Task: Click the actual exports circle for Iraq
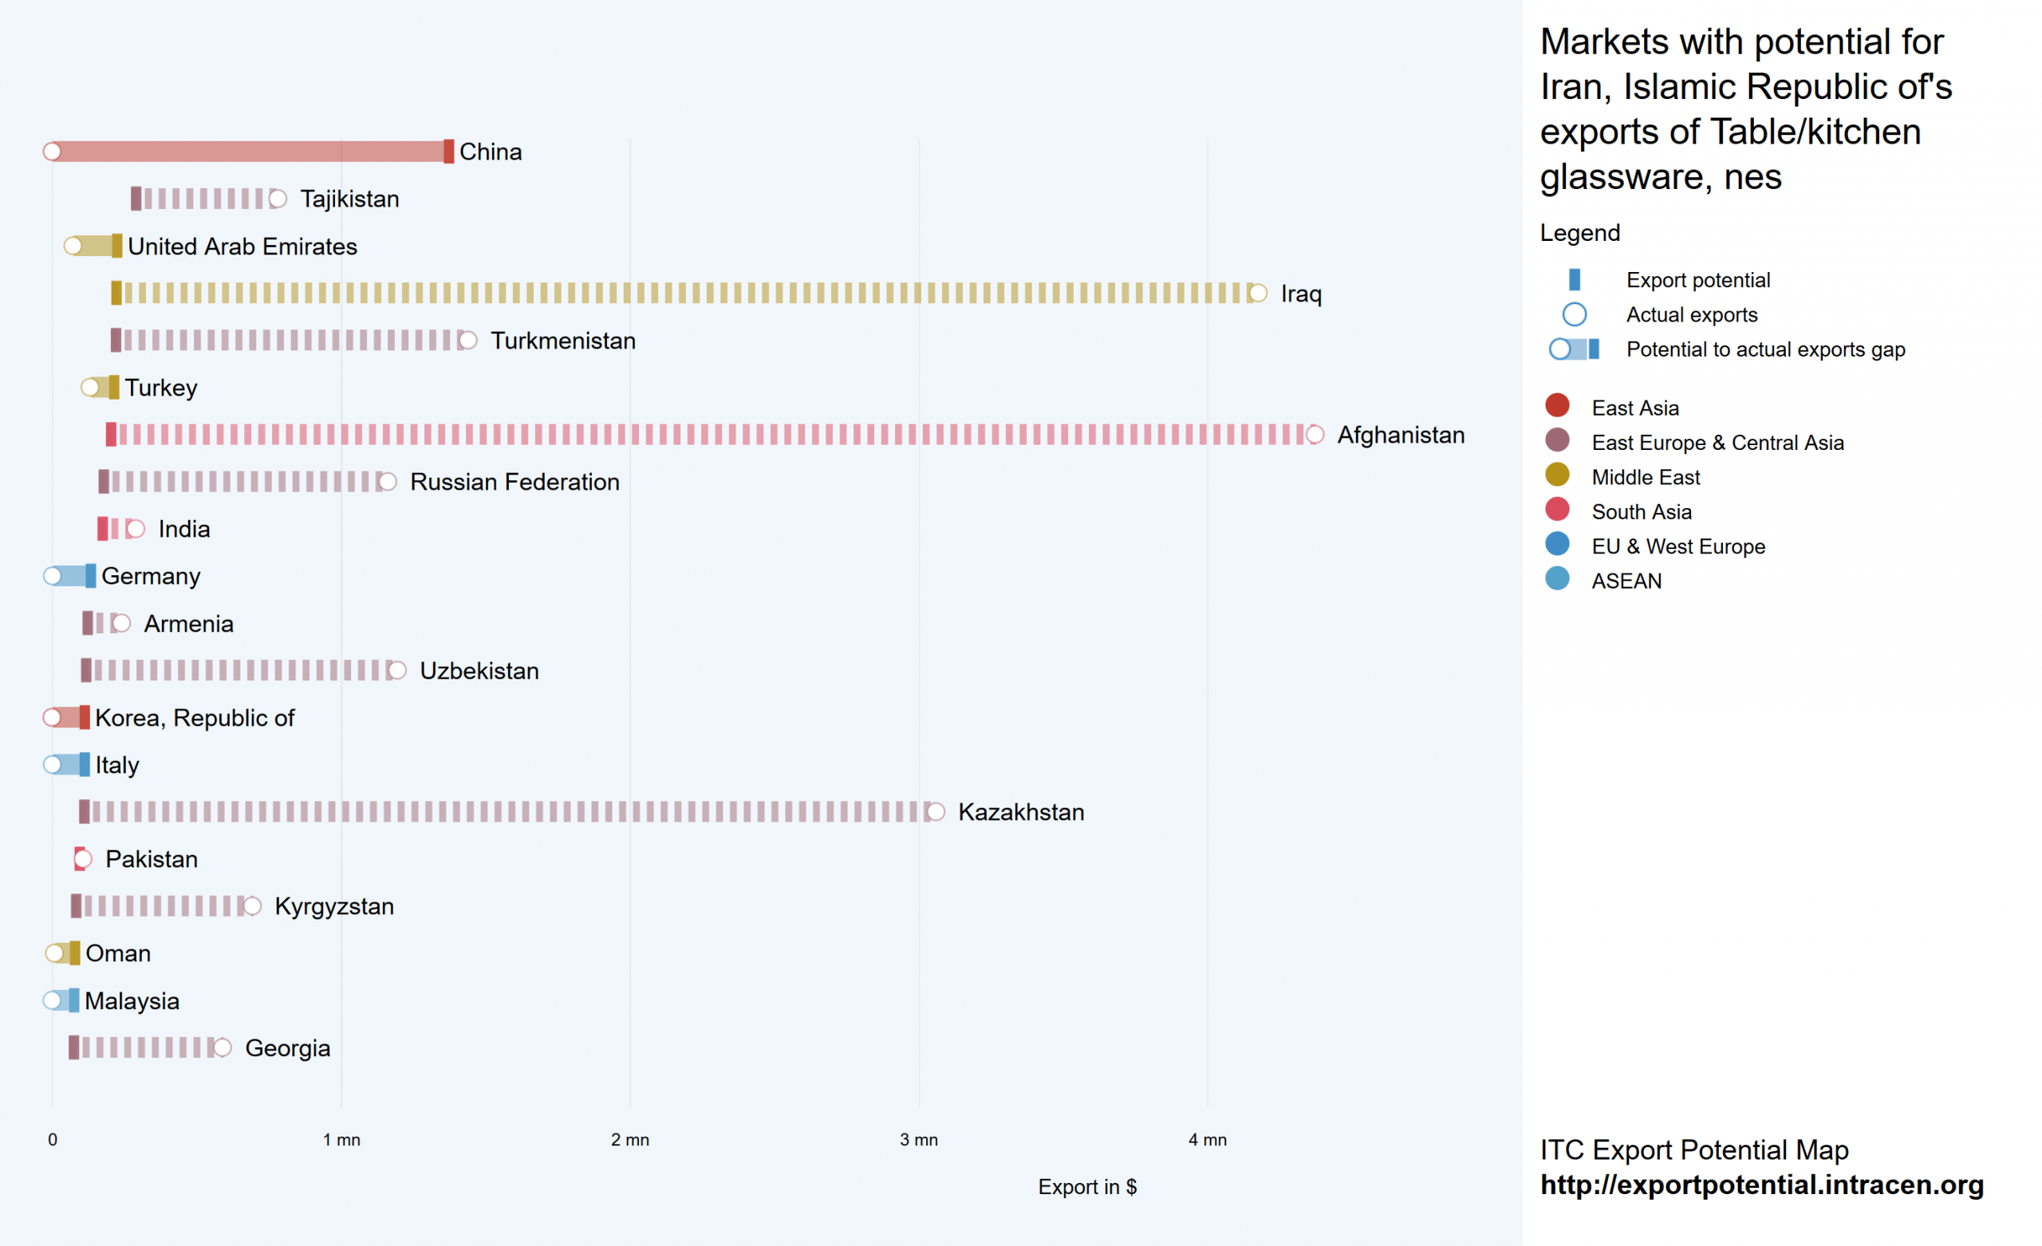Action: (1257, 294)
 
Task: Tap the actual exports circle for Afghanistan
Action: (1315, 435)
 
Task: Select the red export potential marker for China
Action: (448, 152)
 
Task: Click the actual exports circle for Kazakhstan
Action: (936, 812)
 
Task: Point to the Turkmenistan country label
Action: (562, 341)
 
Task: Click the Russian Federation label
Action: (514, 482)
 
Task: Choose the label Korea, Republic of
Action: (195, 718)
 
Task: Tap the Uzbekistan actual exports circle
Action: (397, 671)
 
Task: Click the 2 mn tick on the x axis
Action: (630, 1140)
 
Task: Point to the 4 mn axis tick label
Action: (1208, 1140)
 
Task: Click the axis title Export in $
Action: (1087, 1187)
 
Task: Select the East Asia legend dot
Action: (1557, 405)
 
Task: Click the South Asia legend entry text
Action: (1641, 511)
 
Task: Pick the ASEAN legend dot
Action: (1557, 578)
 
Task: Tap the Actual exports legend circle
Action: (1574, 315)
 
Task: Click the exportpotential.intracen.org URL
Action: (1762, 1185)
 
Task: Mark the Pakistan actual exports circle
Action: (82, 859)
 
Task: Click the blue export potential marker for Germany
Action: (90, 576)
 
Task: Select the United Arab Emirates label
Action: (242, 246)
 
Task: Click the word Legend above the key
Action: (1579, 233)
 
